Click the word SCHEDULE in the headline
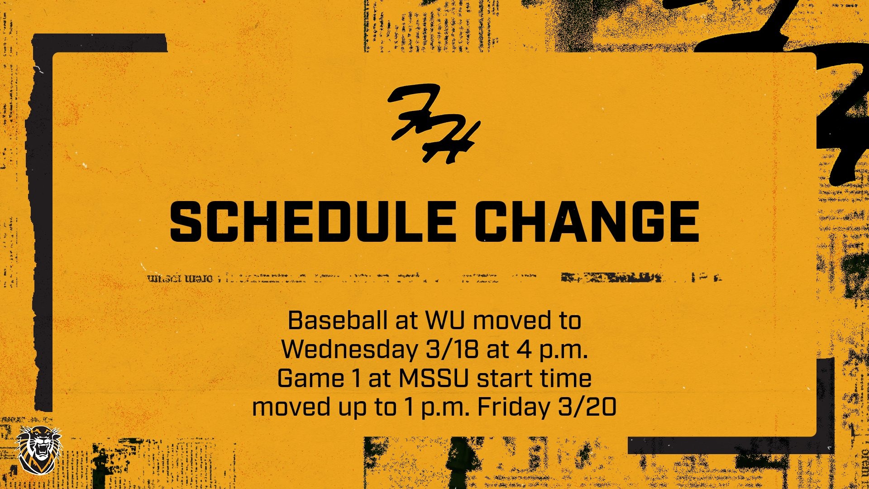pyautogui.click(x=312, y=222)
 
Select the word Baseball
pyautogui.click(x=338, y=321)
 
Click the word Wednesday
pyautogui.click(x=349, y=349)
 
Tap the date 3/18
pyautogui.click(x=452, y=349)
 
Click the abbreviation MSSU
pyautogui.click(x=433, y=378)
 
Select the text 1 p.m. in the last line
pyautogui.click(x=434, y=407)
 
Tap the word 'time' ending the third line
pyautogui.click(x=566, y=378)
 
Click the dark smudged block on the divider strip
pyautogui.click(x=611, y=277)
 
